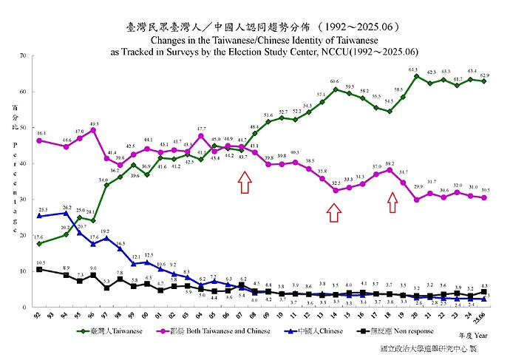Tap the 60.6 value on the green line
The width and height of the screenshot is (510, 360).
pos(335,81)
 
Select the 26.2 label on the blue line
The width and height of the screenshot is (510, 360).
pos(67,208)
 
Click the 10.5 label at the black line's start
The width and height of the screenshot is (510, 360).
pos(40,262)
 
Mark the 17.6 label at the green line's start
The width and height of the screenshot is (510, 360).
pos(38,237)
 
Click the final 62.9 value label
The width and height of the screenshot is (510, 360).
pos(484,75)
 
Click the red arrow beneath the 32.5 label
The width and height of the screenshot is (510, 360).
pos(334,213)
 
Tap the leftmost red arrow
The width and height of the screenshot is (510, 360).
pos(244,181)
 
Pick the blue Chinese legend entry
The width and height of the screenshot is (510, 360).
pos(320,330)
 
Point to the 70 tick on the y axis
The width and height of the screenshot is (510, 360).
pos(24,56)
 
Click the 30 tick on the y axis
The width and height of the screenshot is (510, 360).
pos(24,200)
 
